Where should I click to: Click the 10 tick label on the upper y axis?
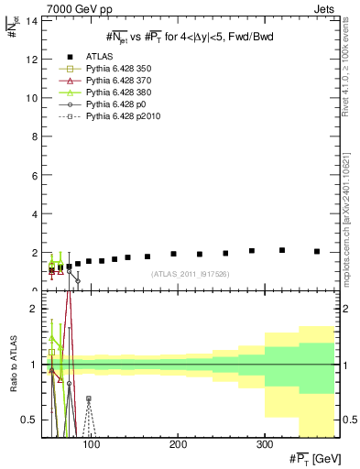[x=33, y=97]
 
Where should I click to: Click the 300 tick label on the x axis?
[x=264, y=445]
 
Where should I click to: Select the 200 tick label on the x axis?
[x=177, y=445]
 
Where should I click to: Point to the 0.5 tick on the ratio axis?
[x=30, y=420]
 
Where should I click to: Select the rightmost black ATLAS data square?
[x=317, y=251]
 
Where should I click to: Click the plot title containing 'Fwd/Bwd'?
[x=190, y=36]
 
